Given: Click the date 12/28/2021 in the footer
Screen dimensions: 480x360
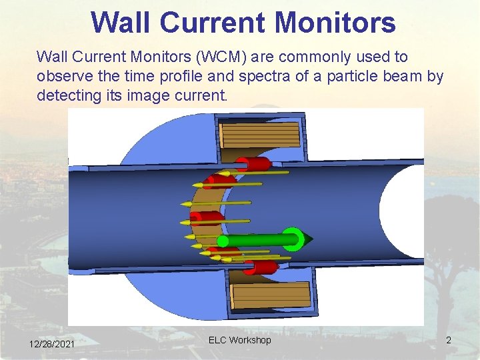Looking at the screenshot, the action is click(52, 343).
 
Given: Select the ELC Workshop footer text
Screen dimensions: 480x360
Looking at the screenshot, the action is click(240, 340).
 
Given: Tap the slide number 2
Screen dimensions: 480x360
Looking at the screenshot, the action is click(449, 341).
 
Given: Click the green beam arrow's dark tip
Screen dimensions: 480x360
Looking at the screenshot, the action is click(308, 239).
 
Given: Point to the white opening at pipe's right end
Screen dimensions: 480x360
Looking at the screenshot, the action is click(403, 210).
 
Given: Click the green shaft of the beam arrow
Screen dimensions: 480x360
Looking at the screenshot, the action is click(253, 239).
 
